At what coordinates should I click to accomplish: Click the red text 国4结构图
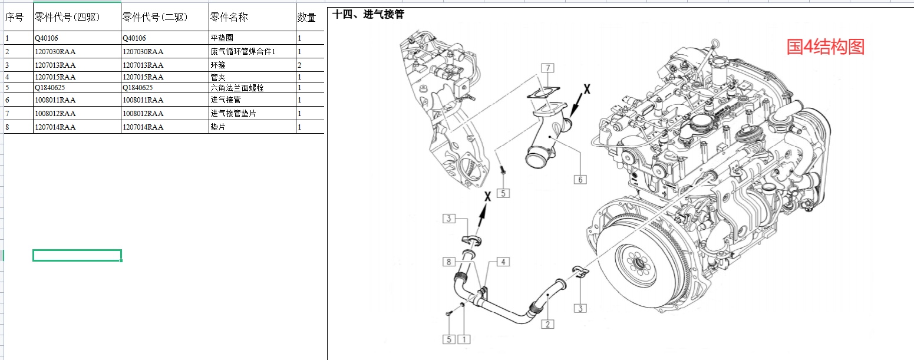825,47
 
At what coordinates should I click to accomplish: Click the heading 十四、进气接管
368,14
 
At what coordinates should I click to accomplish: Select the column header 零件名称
229,18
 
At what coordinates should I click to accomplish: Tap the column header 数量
306,18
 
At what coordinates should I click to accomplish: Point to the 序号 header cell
14,18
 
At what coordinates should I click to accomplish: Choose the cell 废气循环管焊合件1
243,52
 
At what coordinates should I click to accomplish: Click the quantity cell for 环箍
300,65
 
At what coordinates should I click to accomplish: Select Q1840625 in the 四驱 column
50,88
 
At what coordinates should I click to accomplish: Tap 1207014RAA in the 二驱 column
143,127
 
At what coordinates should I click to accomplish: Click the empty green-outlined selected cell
77,255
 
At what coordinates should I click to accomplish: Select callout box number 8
450,262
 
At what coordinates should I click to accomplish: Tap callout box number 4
503,262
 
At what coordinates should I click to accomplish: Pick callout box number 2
547,324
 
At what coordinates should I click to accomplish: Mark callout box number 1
464,339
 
